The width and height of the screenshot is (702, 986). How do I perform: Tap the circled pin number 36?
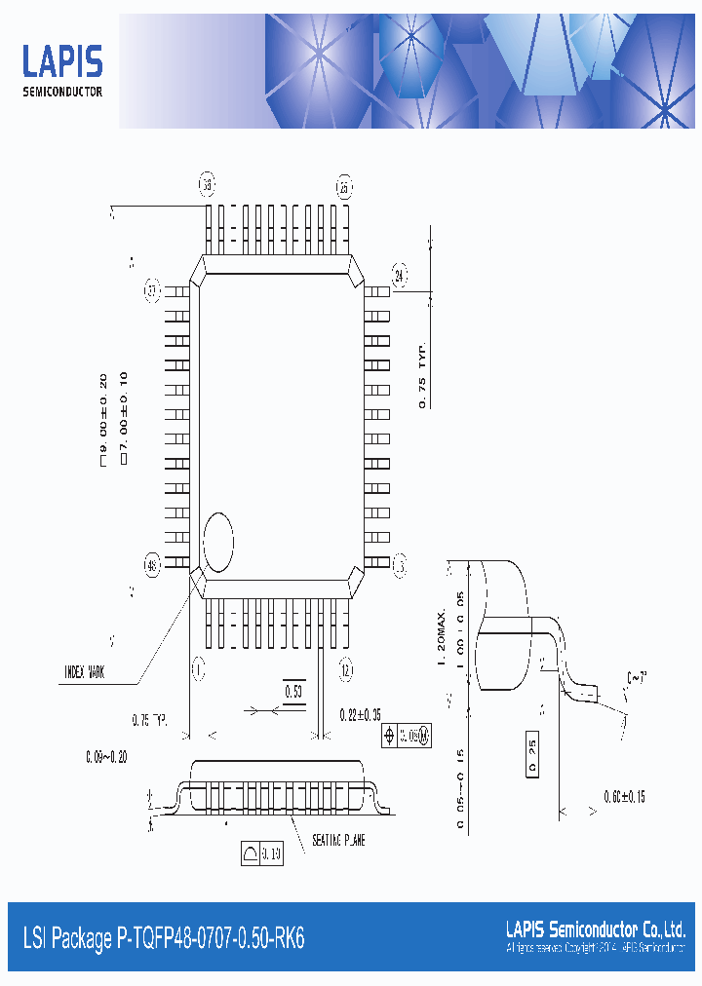coord(207,184)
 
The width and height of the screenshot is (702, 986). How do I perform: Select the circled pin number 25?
coord(343,187)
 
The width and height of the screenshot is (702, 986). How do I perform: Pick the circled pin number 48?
coord(152,565)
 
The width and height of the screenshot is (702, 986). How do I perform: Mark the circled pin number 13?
coord(399,564)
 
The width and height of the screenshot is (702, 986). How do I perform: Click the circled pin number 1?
coord(197,669)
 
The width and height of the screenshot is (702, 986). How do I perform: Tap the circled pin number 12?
coord(345,669)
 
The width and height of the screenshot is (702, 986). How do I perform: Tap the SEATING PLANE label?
coord(338,840)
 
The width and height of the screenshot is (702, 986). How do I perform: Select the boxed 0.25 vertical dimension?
coord(532,755)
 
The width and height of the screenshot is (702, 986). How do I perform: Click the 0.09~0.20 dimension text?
coord(107,754)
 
